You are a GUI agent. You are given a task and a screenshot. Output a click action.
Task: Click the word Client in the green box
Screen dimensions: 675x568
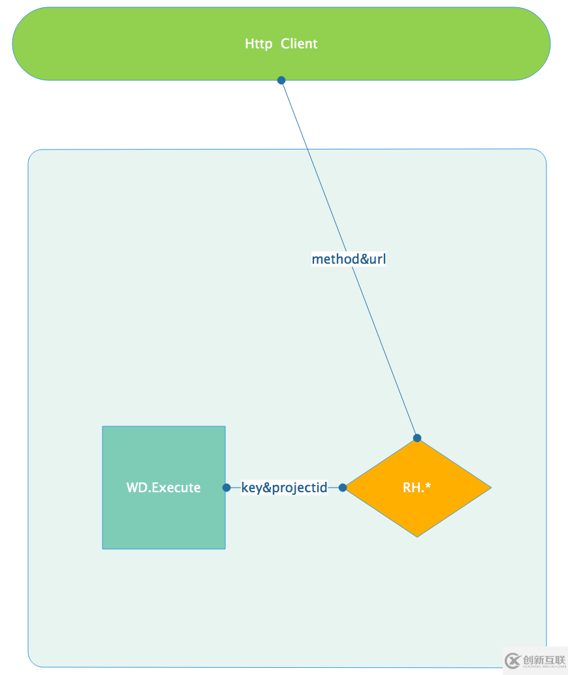299,44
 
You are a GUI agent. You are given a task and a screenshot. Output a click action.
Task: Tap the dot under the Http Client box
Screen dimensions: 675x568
281,80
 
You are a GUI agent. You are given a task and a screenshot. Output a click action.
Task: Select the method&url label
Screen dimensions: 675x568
349,259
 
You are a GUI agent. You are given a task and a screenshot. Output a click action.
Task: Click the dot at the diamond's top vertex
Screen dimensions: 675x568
417,438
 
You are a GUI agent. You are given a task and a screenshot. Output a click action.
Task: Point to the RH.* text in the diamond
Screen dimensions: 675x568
417,488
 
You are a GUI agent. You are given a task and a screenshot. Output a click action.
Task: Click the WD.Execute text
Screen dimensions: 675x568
163,488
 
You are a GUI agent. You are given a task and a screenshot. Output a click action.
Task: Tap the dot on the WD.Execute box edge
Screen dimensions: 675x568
227,488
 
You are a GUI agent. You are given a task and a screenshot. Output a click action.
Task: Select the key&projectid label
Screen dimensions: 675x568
284,488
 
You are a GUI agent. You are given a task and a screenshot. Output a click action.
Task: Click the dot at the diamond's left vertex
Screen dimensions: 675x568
343,488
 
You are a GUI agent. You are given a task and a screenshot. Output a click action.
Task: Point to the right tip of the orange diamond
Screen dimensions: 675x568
490,487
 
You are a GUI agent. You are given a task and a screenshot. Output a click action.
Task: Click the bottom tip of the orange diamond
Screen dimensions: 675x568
417,537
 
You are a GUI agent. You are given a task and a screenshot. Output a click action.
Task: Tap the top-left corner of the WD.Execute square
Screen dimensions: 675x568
103,427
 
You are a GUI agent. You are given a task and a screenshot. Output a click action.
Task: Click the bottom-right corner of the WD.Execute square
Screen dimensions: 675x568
225,548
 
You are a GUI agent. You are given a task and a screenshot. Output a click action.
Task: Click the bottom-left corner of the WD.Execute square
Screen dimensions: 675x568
103,548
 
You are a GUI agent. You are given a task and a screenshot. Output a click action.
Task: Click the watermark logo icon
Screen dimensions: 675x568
513,661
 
